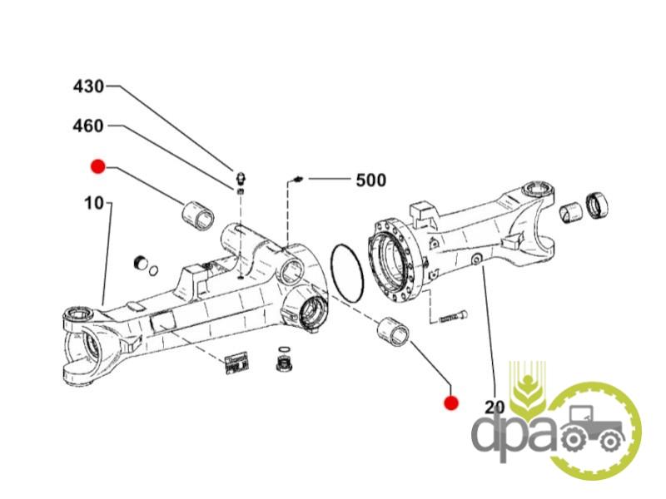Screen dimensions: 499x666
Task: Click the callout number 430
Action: pyautogui.click(x=89, y=86)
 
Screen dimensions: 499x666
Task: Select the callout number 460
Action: pyautogui.click(x=89, y=126)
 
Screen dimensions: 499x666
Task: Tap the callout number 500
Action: pyautogui.click(x=370, y=180)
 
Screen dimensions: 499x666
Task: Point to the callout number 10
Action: pyautogui.click(x=93, y=203)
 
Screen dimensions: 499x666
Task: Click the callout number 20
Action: pyautogui.click(x=495, y=407)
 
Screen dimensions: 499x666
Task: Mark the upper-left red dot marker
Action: pyautogui.click(x=98, y=167)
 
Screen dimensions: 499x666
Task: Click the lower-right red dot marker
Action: pyautogui.click(x=451, y=403)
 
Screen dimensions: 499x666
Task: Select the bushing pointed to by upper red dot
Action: pyautogui.click(x=198, y=213)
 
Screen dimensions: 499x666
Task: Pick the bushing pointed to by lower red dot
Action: pyautogui.click(x=394, y=331)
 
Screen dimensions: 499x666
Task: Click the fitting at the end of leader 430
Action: pyautogui.click(x=240, y=177)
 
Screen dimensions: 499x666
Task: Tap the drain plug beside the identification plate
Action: pyautogui.click(x=284, y=363)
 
